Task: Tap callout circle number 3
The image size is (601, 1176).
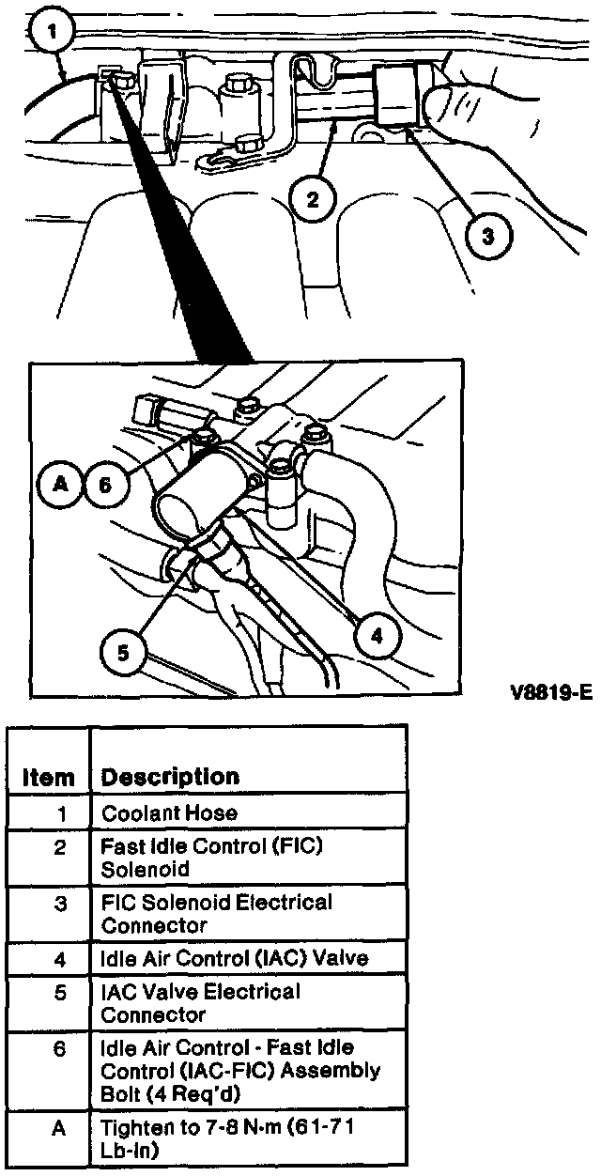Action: (486, 236)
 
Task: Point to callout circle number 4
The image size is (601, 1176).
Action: (377, 636)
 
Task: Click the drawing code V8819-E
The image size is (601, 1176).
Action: (551, 693)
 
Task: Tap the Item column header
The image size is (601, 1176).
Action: (48, 778)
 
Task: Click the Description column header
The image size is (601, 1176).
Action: (170, 777)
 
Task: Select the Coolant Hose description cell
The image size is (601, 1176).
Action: (169, 812)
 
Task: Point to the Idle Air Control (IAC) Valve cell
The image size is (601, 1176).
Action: (235, 959)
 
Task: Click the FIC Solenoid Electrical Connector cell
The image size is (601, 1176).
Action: (216, 913)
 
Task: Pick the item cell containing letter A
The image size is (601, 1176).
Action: (59, 1126)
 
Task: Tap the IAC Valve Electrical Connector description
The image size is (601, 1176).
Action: (201, 1003)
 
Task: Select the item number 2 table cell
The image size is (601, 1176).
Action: (59, 847)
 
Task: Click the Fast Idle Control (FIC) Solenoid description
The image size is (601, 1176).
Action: (211, 857)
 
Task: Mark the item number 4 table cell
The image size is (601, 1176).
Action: (59, 959)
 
